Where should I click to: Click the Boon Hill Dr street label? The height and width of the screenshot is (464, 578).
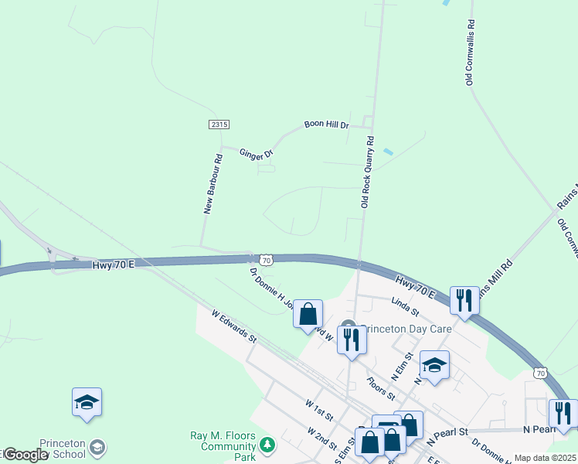[326, 124]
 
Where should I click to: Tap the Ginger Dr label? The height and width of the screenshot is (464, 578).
[257, 154]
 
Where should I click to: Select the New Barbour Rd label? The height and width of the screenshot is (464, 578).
[212, 183]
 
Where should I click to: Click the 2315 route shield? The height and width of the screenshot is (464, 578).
[219, 125]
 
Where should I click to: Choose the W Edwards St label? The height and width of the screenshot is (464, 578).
[234, 324]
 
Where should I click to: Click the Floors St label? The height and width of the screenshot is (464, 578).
[381, 389]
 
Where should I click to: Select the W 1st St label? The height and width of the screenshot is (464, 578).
[318, 411]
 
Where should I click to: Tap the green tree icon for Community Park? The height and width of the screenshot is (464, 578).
[267, 444]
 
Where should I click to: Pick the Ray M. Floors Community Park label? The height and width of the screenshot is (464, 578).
[223, 441]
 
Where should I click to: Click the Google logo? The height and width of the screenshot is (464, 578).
[25, 455]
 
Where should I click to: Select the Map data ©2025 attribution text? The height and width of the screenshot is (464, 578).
[546, 458]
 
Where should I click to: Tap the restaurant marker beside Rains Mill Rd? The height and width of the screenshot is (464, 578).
[464, 299]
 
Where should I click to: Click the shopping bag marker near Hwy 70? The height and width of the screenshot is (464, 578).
[308, 313]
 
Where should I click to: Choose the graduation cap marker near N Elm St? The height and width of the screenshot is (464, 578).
[434, 365]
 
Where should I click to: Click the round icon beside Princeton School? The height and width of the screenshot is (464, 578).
[98, 447]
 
